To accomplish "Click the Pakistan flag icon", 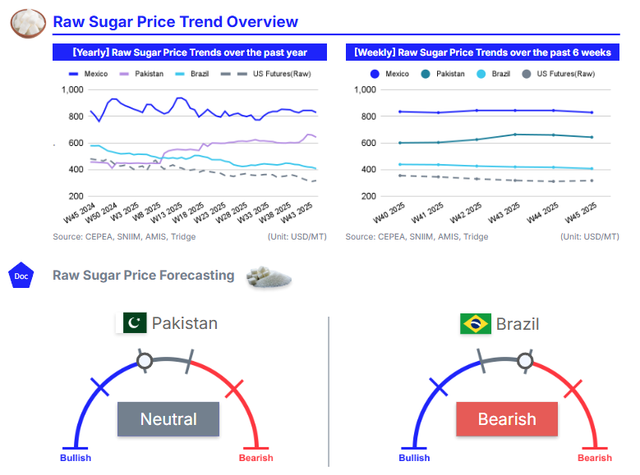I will point(135,322).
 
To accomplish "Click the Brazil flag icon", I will point(476,323).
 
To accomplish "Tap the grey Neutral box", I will point(168,419).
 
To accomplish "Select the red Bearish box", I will point(507,419).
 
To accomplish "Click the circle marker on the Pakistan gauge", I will point(145,360).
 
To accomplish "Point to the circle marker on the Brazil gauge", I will point(524,359).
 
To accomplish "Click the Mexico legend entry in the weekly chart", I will point(389,74).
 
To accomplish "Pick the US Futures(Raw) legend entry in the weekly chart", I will point(559,74).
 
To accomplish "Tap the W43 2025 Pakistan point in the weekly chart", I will point(515,135).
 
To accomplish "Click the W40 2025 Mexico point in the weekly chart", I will point(400,112).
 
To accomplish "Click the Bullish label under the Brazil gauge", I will point(414,458).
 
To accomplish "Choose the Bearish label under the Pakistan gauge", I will point(256,458).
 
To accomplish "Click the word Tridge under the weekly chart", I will point(475,236).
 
